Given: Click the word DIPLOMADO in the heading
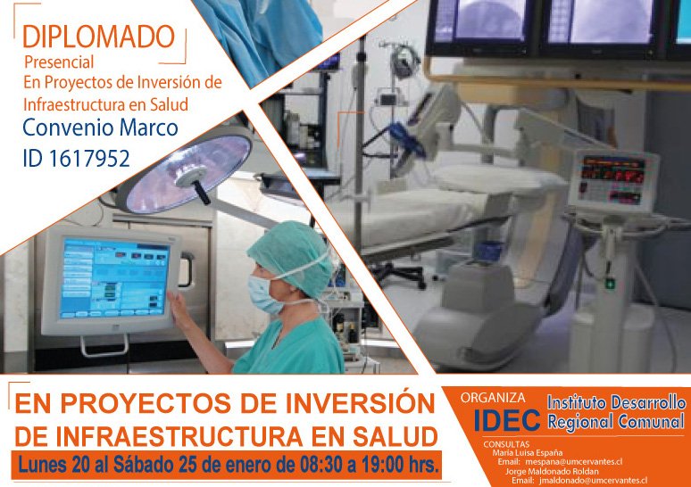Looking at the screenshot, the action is point(99,37).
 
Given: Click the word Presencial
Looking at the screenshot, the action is point(59,62).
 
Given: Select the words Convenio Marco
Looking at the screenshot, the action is point(101,128).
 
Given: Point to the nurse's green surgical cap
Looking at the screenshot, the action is point(291,259).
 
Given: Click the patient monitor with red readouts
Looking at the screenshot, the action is point(613,180).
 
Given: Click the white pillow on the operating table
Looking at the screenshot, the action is point(498,179).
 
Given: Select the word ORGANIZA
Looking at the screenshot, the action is point(493,398).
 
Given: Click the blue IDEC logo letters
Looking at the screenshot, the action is point(507,419).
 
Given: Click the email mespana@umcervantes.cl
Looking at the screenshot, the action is point(573,462).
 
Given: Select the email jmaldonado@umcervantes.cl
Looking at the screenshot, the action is point(593,481).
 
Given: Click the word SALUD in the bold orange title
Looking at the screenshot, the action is point(395,436).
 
